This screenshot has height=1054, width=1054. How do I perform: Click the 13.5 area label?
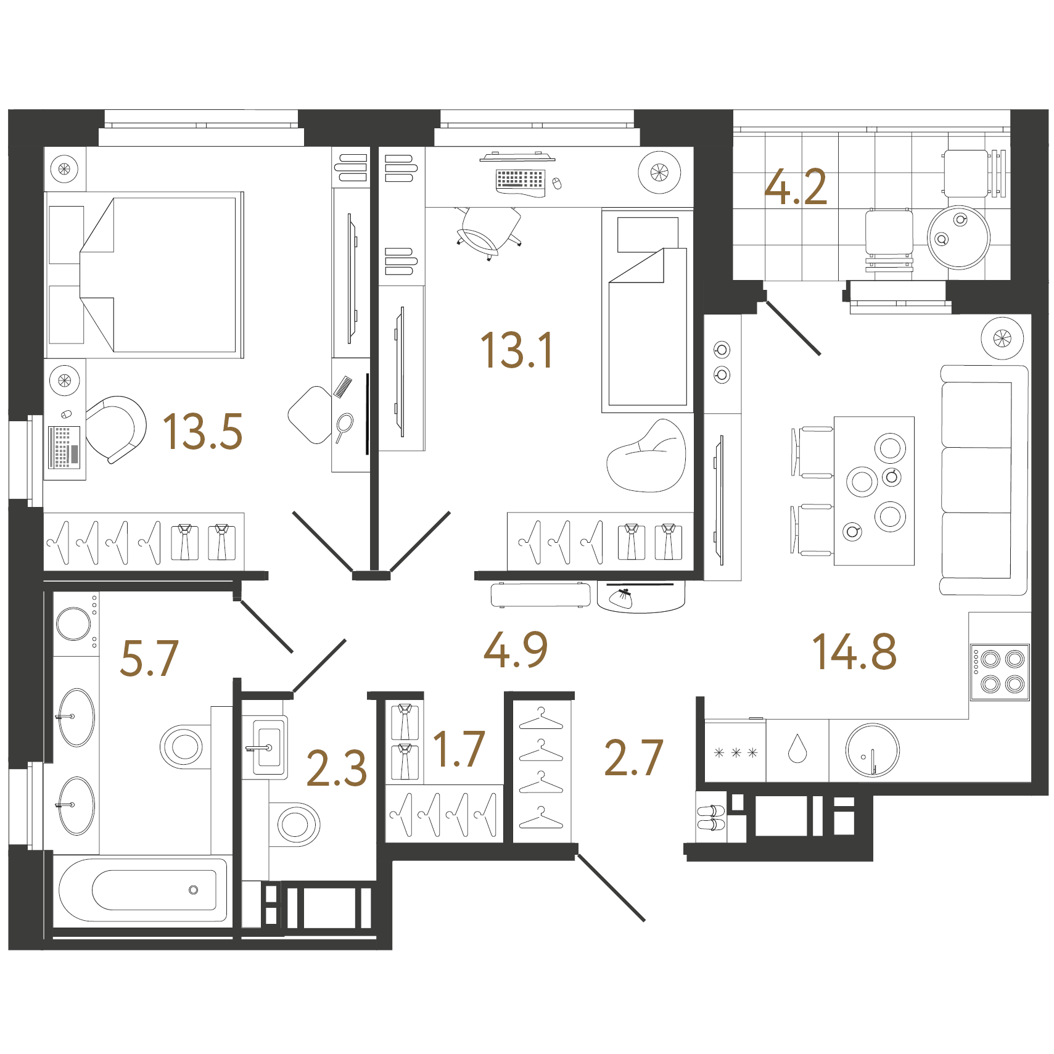click(202, 432)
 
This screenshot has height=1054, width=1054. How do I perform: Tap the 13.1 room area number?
click(517, 350)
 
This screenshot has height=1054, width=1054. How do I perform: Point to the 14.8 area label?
click(854, 651)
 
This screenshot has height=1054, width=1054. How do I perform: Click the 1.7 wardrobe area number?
click(459, 749)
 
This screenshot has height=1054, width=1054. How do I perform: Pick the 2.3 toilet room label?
click(337, 768)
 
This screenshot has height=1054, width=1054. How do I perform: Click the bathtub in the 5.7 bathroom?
click(142, 890)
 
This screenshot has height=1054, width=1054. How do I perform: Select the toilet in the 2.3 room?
click(294, 824)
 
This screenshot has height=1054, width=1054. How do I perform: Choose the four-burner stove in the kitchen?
click(1000, 672)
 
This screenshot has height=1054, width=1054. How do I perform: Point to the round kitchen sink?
click(872, 750)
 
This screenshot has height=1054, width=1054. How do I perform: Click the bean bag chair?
click(646, 456)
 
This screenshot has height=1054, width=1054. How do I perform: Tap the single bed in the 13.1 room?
click(648, 310)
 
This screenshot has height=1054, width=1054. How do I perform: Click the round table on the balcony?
click(958, 237)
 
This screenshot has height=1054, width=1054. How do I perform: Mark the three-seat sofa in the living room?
click(983, 480)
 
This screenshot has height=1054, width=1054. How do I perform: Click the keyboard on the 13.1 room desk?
click(520, 179)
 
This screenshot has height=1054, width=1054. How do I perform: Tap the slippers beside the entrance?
click(711, 818)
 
